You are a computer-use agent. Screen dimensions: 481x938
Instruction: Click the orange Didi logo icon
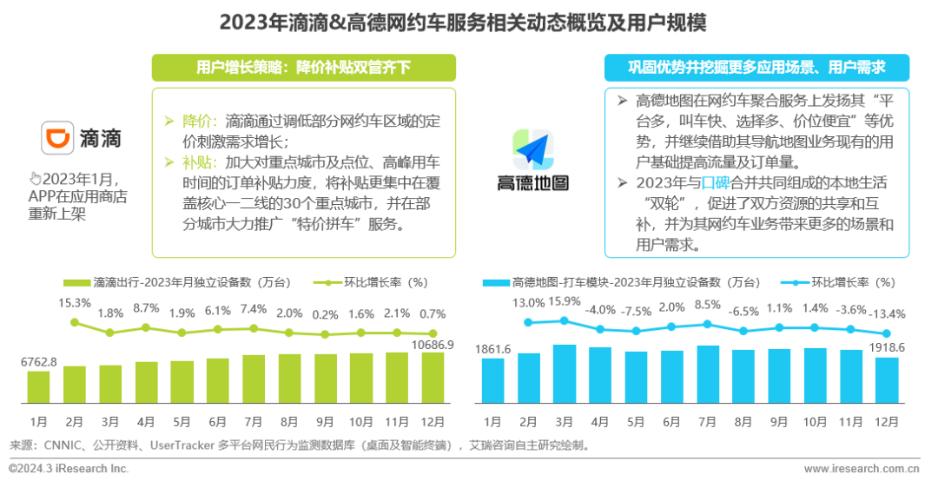[57, 138]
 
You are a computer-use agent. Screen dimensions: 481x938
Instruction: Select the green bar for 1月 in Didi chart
[38, 387]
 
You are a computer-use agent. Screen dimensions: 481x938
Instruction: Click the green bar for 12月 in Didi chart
[433, 378]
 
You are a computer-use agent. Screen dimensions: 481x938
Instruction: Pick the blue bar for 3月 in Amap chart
[564, 374]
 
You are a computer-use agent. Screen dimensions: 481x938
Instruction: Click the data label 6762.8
[39, 362]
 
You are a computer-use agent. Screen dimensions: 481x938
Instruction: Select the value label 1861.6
[493, 349]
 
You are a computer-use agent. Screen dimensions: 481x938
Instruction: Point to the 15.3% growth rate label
[75, 303]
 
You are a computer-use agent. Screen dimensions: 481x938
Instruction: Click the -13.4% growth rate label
[887, 313]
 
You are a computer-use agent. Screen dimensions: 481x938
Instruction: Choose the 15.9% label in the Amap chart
[565, 301]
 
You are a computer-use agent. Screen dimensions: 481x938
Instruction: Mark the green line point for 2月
[75, 322]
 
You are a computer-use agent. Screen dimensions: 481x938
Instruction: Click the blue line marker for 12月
[887, 333]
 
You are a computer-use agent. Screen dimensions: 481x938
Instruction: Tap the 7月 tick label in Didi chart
[254, 421]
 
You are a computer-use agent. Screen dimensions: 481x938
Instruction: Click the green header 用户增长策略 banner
[303, 67]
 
